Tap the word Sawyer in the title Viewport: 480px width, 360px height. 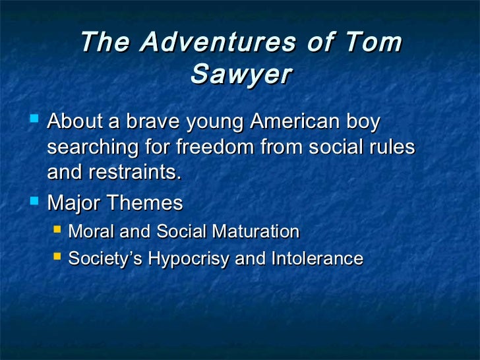(x=240, y=75)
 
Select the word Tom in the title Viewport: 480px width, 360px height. (x=373, y=43)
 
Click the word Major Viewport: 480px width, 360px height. (x=73, y=203)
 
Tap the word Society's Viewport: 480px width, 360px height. (x=105, y=258)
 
